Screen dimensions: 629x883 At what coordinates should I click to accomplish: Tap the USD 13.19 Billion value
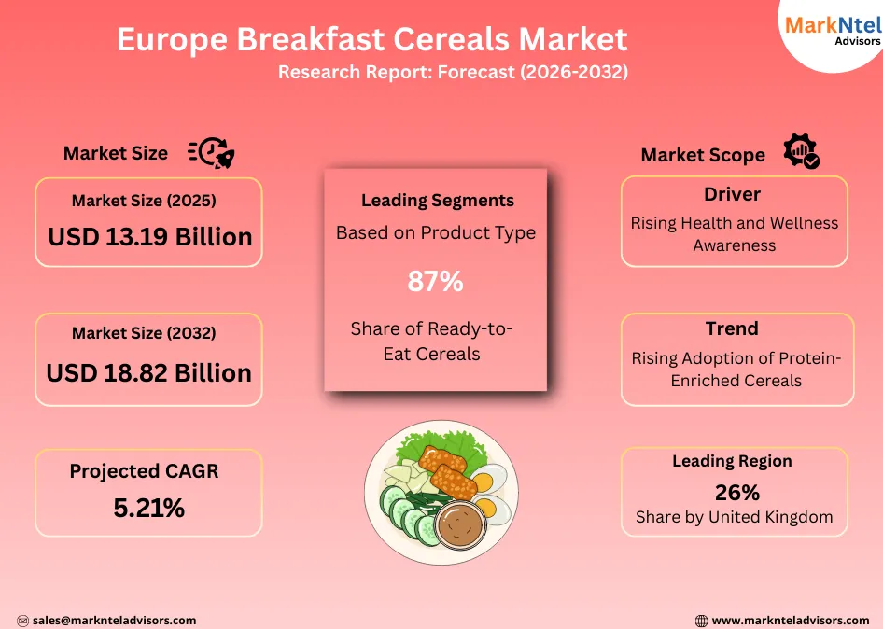pyautogui.click(x=150, y=237)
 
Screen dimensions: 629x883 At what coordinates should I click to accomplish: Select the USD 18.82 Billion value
pyautogui.click(x=149, y=372)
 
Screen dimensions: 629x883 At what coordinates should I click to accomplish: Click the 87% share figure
pyautogui.click(x=435, y=281)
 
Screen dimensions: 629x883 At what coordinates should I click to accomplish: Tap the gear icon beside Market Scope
pyautogui.click(x=801, y=151)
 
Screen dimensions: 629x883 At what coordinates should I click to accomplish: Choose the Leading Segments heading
pyautogui.click(x=437, y=201)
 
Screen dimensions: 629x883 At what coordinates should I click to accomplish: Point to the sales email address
pyautogui.click(x=114, y=620)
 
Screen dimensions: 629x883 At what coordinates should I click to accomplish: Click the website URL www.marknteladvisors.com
pyautogui.click(x=790, y=620)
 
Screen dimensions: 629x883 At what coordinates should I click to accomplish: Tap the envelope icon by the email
pyautogui.click(x=22, y=621)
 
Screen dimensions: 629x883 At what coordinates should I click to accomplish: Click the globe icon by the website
pyautogui.click(x=702, y=621)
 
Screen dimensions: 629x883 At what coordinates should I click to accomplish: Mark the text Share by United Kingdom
pyautogui.click(x=734, y=517)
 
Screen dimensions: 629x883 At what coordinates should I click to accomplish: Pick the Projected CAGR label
pyautogui.click(x=144, y=471)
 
